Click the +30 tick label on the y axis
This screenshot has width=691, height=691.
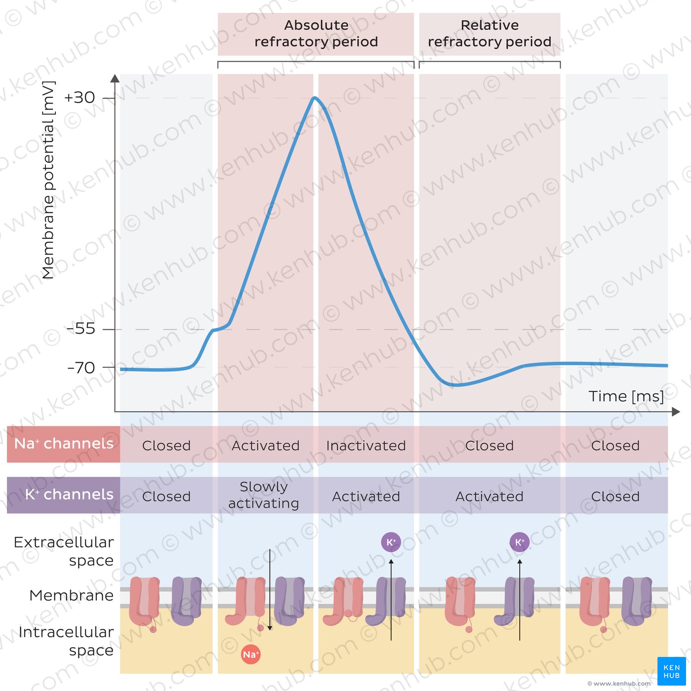(x=79, y=98)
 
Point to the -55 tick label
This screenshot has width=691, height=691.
(x=81, y=329)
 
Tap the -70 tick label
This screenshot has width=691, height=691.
(x=81, y=368)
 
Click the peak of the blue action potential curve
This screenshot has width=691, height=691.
(x=314, y=98)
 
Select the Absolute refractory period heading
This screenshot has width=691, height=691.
(x=316, y=34)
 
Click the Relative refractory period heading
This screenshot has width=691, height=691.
(x=489, y=34)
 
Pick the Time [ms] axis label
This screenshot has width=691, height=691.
(x=626, y=396)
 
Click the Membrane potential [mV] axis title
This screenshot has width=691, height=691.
(x=48, y=180)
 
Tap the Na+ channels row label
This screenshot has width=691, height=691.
(x=64, y=444)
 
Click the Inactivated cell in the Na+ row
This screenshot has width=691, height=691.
(x=366, y=446)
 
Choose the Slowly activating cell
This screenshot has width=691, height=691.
(x=264, y=495)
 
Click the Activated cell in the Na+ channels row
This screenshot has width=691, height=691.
(x=266, y=446)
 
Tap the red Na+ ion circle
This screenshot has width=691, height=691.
(x=251, y=654)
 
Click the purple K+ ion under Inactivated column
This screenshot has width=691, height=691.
(x=391, y=542)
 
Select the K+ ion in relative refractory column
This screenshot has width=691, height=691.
(x=519, y=542)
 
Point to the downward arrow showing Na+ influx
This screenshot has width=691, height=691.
(x=270, y=590)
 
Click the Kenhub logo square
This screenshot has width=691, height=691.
(x=671, y=671)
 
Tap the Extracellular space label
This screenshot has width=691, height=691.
(x=64, y=551)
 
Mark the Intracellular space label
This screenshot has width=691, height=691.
(x=66, y=641)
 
